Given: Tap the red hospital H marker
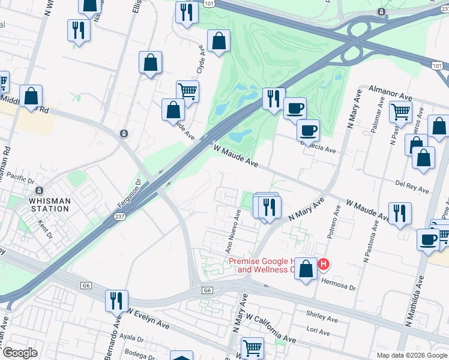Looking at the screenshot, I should point(324,264).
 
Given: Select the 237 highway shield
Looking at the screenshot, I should point(119,218).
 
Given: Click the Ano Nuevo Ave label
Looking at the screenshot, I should point(233,230).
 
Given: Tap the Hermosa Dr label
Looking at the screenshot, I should point(339,284).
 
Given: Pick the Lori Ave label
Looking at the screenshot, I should point(318,331).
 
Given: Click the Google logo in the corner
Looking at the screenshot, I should point(20,353).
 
